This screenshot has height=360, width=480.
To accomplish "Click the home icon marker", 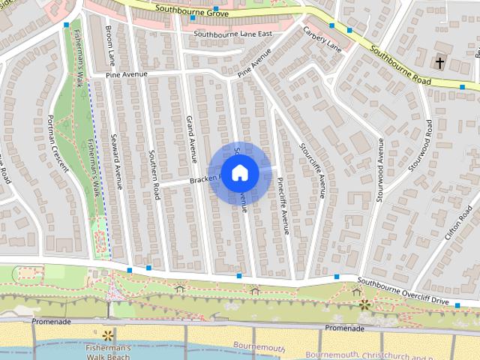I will pos(239,173).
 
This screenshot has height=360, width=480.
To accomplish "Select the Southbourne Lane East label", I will pos(232,34).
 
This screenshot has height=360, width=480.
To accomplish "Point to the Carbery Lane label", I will pos(322,37).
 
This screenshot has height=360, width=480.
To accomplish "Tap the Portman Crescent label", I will pos(58,143).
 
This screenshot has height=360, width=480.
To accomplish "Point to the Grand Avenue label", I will pos(191,139).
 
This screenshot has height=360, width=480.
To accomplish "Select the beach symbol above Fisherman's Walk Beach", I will pos(108,333).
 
